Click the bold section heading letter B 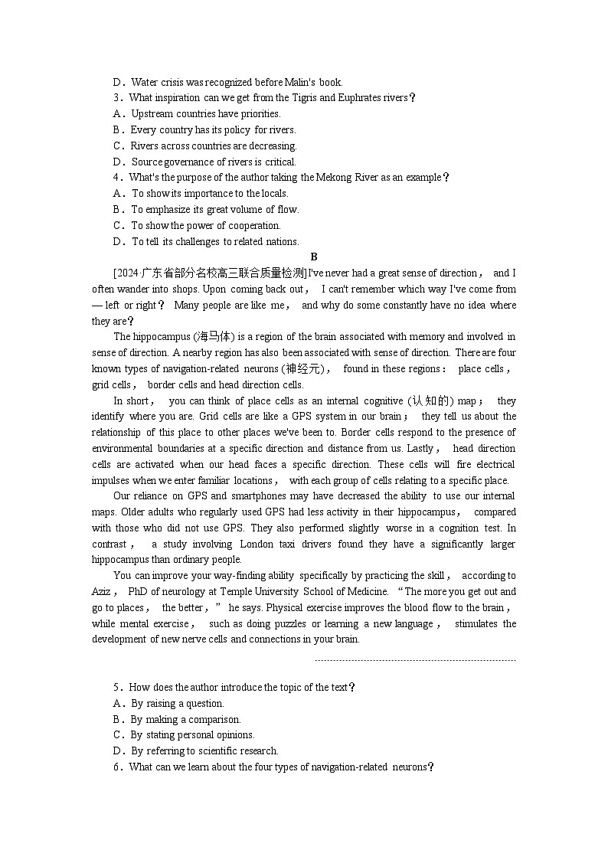[x=314, y=257]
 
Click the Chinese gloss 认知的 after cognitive [x=430, y=401]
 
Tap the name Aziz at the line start [x=102, y=592]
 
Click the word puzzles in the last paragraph [x=281, y=624]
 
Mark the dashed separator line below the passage [x=415, y=660]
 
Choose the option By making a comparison [x=185, y=720]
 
